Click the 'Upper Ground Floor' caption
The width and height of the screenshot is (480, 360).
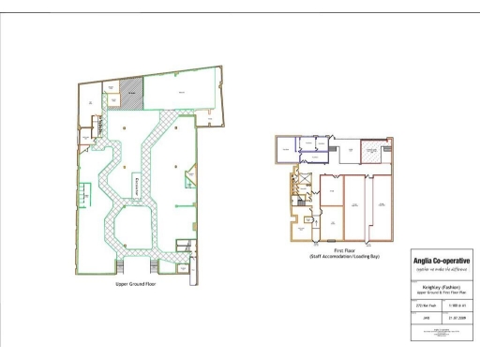click(x=136, y=282)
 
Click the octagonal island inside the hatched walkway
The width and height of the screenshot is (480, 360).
click(x=133, y=221)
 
